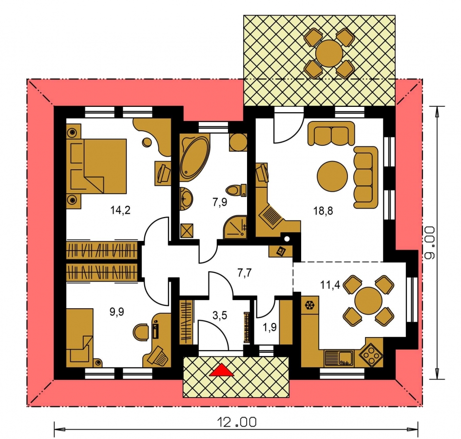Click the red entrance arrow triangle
click(222, 370)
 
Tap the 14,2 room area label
click(120, 210)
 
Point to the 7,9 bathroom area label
click(220, 202)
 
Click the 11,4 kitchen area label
click(330, 285)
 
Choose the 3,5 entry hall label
click(220, 316)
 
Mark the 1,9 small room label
click(269, 327)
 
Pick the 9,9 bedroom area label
click(117, 312)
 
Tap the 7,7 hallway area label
click(244, 273)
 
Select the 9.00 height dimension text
click(429, 243)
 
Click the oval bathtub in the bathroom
click(194, 158)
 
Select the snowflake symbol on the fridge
click(309, 305)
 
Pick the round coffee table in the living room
click(332, 176)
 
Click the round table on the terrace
click(329, 54)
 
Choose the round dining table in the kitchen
click(368, 300)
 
